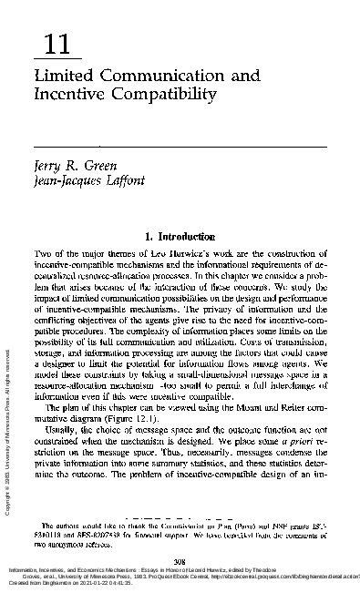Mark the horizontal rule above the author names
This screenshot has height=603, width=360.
[180, 146]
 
